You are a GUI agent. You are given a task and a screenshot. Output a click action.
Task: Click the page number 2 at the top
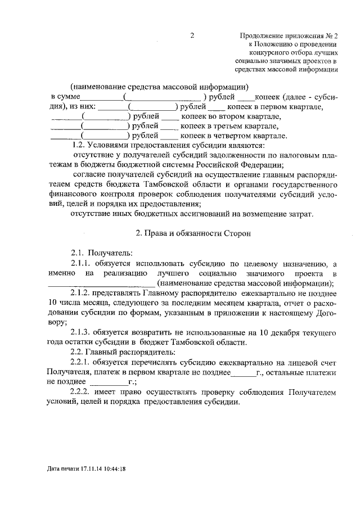192,35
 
